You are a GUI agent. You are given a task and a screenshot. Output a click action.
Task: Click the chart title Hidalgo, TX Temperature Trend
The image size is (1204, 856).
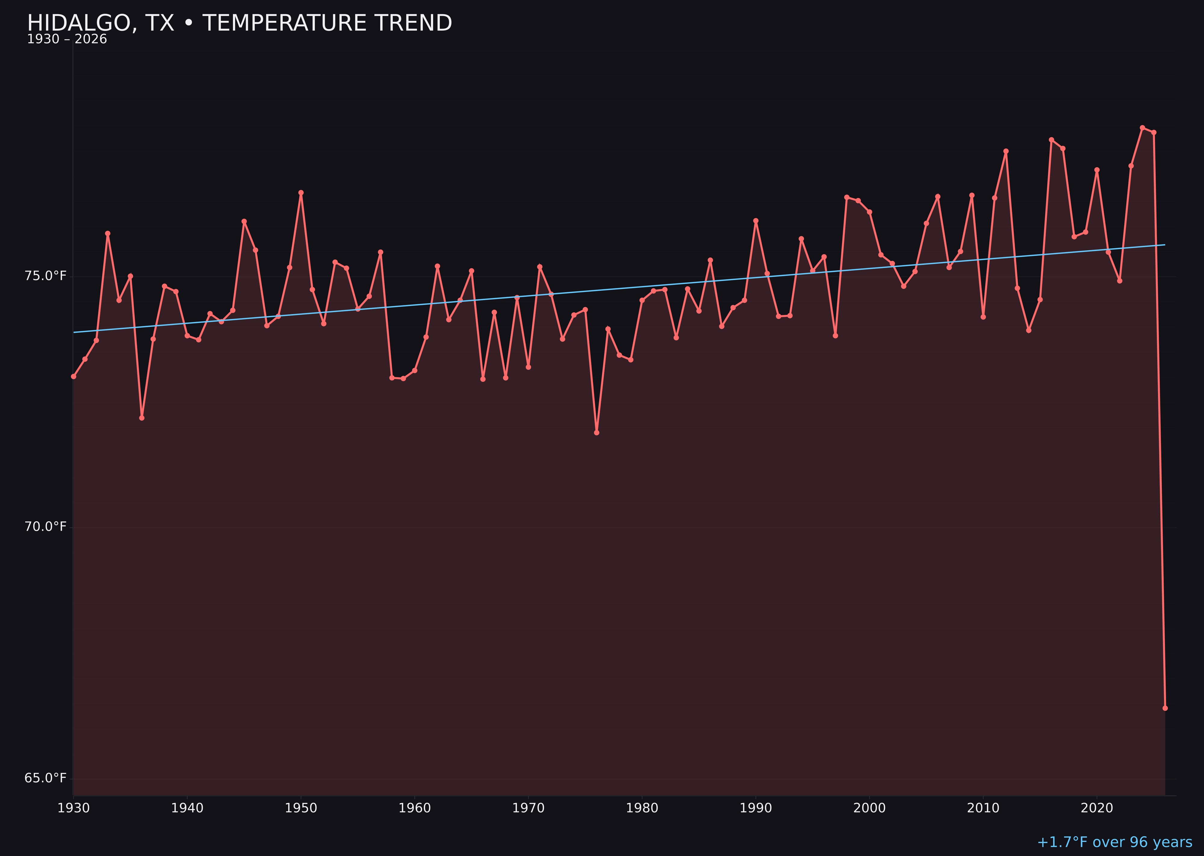[239, 23]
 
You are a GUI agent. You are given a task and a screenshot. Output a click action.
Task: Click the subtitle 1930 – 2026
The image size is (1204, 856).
[67, 39]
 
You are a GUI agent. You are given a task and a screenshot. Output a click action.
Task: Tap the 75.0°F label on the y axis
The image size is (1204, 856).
[46, 276]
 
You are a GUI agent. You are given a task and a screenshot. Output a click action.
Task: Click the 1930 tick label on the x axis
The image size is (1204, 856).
[74, 808]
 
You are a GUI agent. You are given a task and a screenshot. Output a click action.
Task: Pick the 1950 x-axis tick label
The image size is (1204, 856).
[301, 808]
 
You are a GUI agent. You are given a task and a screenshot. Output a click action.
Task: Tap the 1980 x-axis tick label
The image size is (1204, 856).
[642, 808]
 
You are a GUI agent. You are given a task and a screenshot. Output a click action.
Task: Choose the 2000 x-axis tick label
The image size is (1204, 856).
[869, 808]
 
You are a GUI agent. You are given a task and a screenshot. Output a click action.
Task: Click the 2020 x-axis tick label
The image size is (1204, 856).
[1097, 808]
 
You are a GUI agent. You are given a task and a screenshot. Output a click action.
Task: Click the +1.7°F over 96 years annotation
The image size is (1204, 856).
[1114, 842]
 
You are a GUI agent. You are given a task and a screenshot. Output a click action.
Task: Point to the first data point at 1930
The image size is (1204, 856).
[74, 376]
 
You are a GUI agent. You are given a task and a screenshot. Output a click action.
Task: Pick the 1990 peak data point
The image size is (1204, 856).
[756, 221]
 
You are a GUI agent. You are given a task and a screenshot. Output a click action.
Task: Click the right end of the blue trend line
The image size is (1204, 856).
[1165, 245]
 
